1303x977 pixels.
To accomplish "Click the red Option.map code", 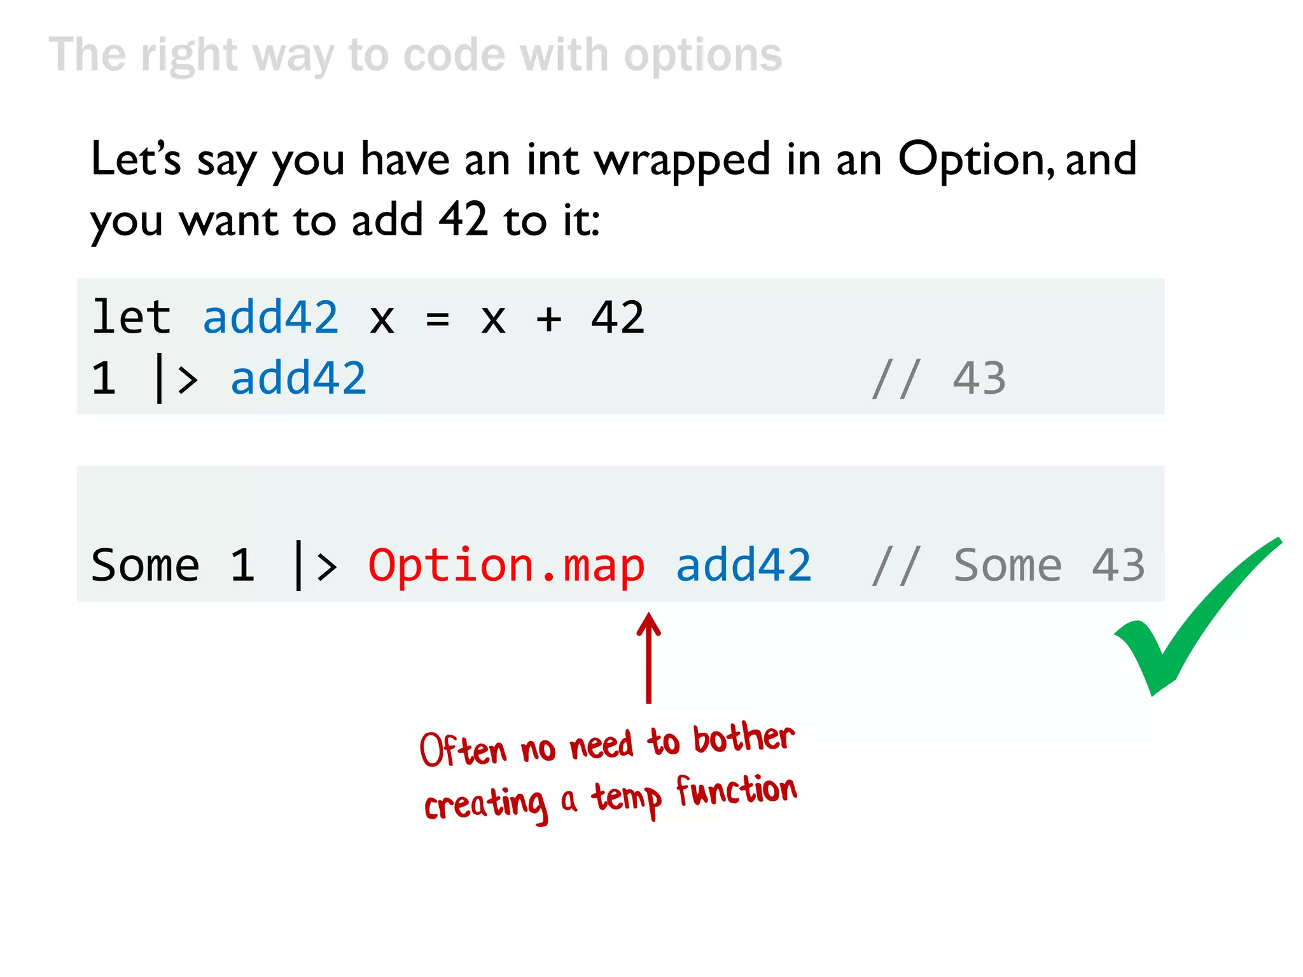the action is [x=506, y=565].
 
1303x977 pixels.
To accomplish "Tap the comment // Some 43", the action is [x=1008, y=565].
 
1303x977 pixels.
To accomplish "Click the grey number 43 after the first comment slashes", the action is [x=979, y=378].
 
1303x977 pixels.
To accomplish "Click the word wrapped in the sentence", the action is [x=683, y=160].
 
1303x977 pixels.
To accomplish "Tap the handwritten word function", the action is [x=736, y=791].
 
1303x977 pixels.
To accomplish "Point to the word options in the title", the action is [x=703, y=56].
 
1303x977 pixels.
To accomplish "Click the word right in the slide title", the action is [x=189, y=56].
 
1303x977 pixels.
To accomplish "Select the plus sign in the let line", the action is [x=548, y=318].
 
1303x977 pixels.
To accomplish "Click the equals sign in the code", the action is [x=437, y=318].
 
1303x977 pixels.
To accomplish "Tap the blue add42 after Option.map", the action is [x=743, y=565].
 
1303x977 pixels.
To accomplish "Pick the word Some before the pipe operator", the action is [x=145, y=565].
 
